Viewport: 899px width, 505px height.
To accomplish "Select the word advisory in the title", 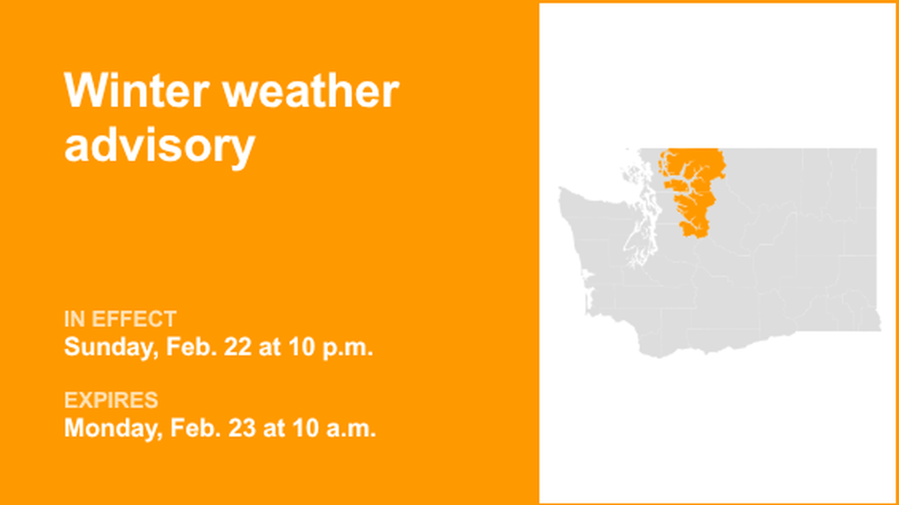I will coord(159,145).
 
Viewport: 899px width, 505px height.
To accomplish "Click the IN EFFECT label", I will coord(120,319).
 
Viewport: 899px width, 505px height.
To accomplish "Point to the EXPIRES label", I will coord(110,400).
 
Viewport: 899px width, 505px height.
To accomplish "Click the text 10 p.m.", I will coord(332,347).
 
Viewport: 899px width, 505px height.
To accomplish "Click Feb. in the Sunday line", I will coord(191,347).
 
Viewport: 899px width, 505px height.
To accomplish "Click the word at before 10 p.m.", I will coord(270,347).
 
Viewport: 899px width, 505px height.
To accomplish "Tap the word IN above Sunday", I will coord(74,319).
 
